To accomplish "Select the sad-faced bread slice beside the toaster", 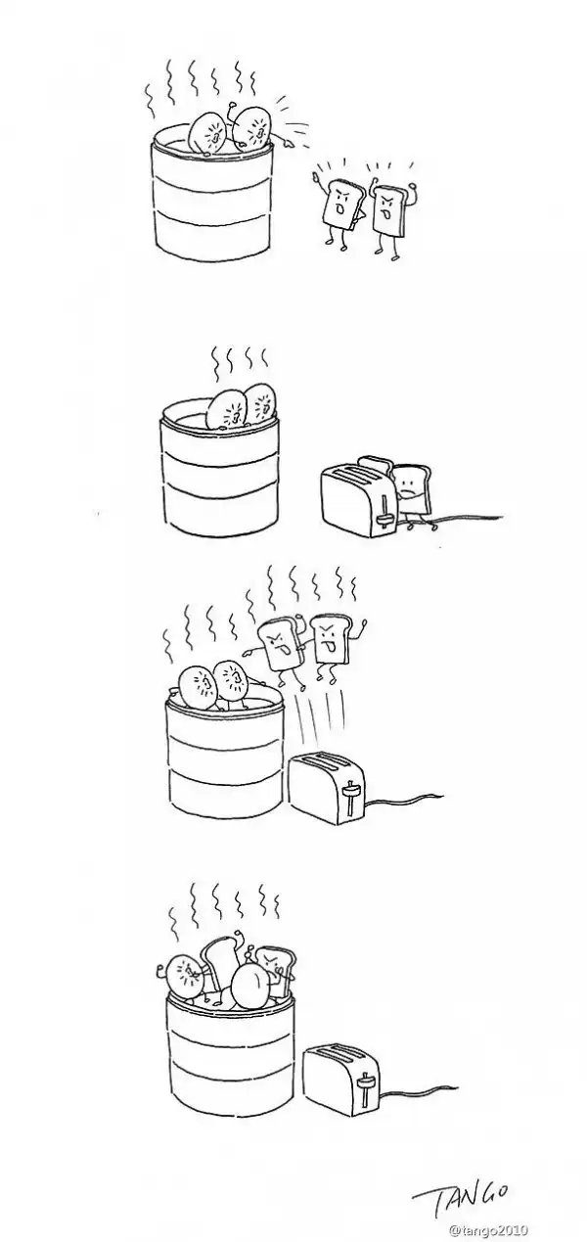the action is (411, 488).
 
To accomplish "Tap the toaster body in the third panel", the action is (327, 788).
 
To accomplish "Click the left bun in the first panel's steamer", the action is (206, 133).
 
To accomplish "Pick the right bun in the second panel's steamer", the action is (260, 404).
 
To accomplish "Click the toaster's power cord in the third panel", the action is (404, 800).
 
